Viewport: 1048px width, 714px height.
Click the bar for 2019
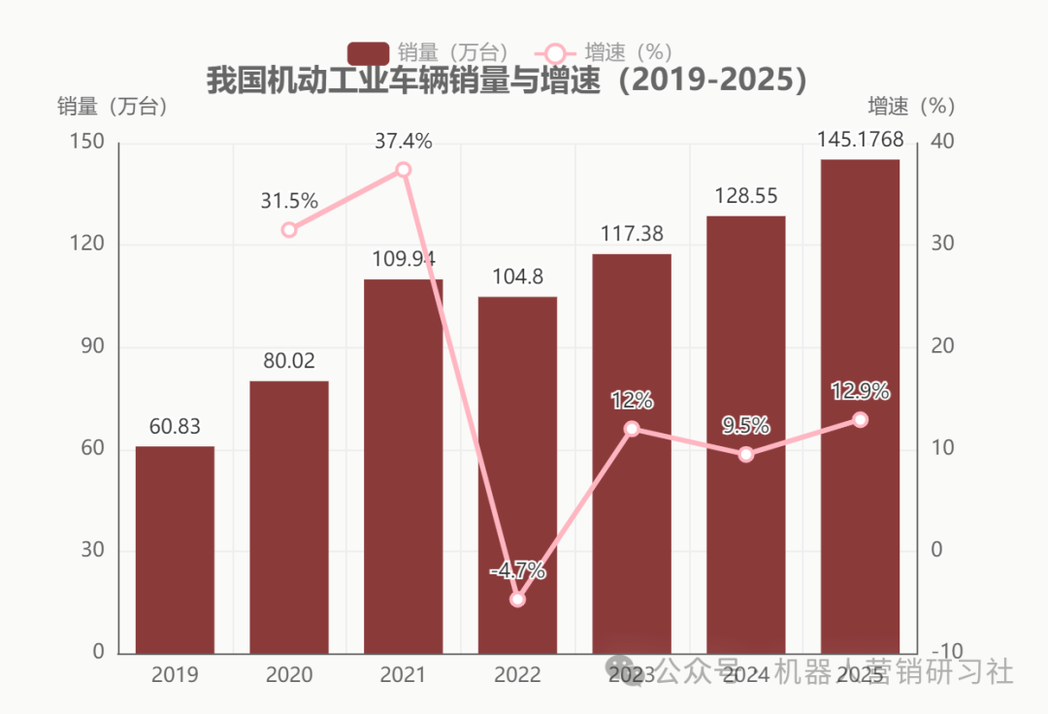175,549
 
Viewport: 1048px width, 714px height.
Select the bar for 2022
517,474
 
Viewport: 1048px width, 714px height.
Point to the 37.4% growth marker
404,170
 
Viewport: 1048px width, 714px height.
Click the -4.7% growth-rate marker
518,600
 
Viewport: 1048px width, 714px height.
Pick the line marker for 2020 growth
289,230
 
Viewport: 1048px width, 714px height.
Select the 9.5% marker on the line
746,454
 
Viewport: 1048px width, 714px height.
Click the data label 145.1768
860,142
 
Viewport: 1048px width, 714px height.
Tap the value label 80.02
289,361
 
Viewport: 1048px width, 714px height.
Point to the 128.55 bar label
746,196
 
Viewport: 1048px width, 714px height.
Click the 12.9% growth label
860,392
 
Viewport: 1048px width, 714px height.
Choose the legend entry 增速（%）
606,53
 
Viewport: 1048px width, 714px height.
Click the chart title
507,81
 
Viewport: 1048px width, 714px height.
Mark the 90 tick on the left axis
92,346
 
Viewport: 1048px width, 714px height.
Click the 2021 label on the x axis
404,674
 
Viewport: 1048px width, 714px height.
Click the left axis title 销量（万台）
113,107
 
